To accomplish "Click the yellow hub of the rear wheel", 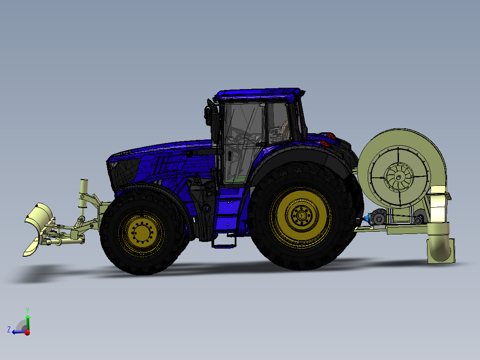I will coord(301,216).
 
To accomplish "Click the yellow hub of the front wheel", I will coord(142,232).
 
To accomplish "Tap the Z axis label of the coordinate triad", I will coord(9,330).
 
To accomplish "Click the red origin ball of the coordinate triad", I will coord(27,332).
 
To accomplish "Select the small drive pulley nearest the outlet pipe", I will coord(419,219).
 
